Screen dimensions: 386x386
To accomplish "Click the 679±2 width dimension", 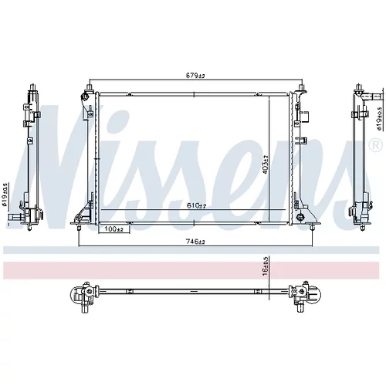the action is click(x=195, y=76).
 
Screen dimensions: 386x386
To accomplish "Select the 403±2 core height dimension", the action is click(x=266, y=164).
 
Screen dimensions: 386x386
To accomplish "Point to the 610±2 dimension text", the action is click(x=197, y=205).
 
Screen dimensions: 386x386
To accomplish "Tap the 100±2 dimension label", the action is click(x=113, y=229).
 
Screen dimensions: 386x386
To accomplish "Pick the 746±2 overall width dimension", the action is click(x=195, y=242).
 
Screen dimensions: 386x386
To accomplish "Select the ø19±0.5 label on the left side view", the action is click(x=4, y=195).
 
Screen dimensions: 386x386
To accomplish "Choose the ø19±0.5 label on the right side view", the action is click(x=379, y=119).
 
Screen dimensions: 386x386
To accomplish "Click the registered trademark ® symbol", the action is click(x=375, y=145).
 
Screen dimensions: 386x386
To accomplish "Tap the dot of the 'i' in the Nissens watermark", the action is click(x=118, y=119).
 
